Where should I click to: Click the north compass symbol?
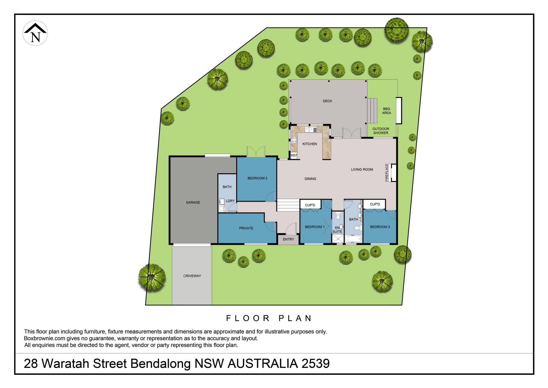(x=35, y=33)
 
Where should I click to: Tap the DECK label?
(x=327, y=101)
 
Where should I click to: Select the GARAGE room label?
(x=193, y=202)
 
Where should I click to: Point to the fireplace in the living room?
(x=393, y=173)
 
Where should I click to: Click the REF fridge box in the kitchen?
(x=294, y=155)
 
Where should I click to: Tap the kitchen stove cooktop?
(x=294, y=140)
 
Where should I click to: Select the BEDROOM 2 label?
(x=257, y=178)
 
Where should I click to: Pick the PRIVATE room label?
(x=246, y=228)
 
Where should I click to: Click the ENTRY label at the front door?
(x=289, y=239)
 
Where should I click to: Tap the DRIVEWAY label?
(x=192, y=276)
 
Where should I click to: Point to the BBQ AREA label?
(x=386, y=111)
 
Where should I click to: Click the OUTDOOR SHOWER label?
(x=381, y=131)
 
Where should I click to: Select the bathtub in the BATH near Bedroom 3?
(x=354, y=239)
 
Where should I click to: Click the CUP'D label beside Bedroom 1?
(x=310, y=205)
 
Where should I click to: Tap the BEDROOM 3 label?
(x=380, y=227)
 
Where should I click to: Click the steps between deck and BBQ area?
(x=372, y=111)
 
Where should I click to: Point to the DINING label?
(x=310, y=179)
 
